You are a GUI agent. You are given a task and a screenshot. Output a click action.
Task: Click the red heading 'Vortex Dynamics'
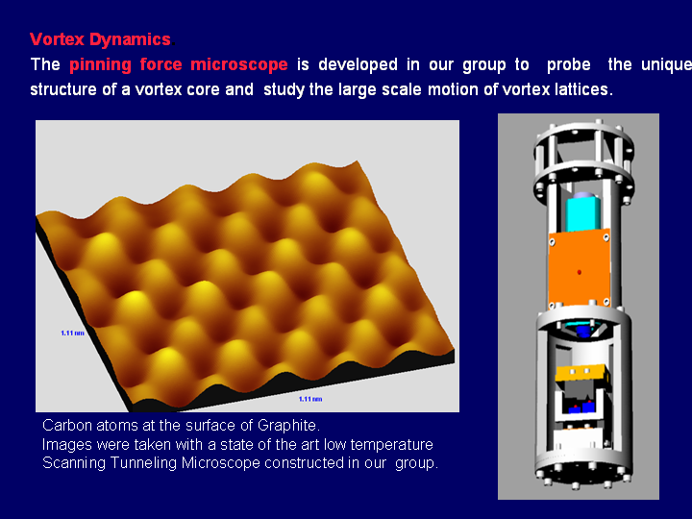click(x=100, y=39)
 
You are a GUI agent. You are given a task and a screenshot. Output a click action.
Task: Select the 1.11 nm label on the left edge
click(x=73, y=333)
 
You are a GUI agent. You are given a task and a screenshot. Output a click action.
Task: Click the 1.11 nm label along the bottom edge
click(x=310, y=398)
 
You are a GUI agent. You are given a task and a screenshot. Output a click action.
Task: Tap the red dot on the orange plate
click(x=579, y=272)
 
